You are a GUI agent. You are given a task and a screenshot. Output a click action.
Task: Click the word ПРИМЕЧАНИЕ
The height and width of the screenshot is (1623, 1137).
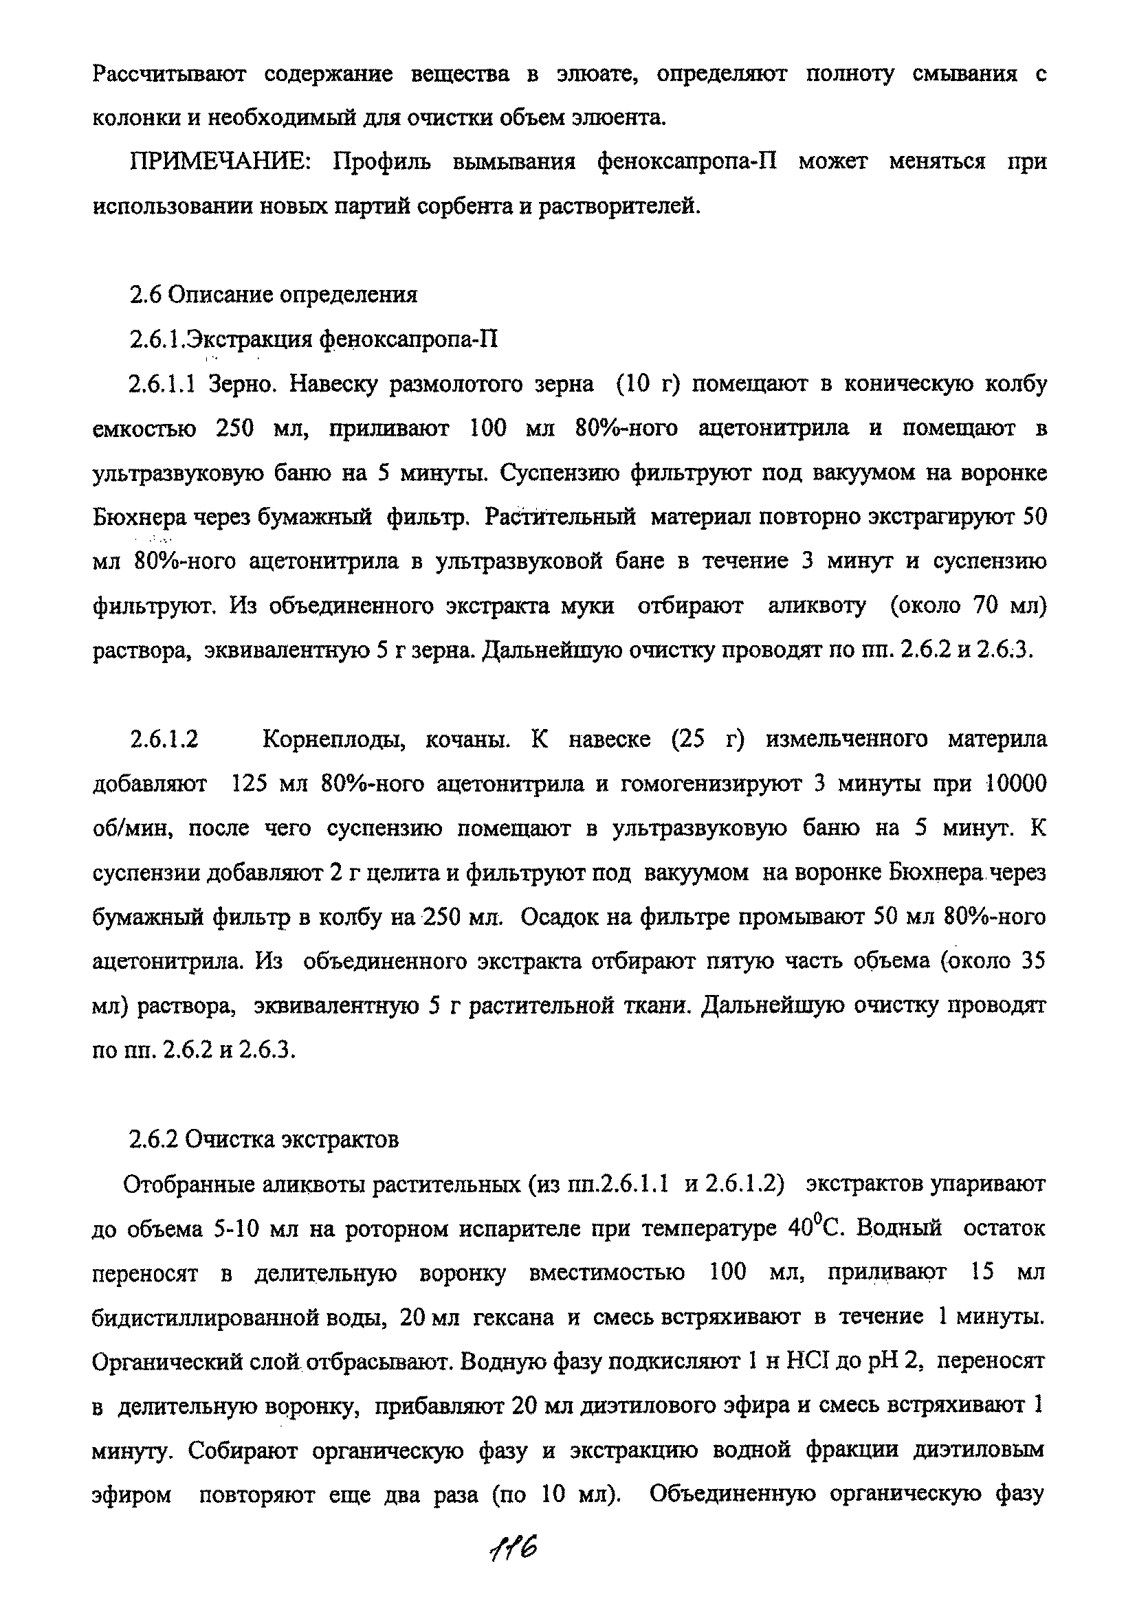tap(219, 163)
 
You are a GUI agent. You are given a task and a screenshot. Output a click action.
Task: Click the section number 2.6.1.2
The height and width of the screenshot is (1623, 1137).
tap(164, 740)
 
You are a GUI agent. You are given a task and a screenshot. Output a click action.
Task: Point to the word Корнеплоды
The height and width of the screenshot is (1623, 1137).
tap(332, 741)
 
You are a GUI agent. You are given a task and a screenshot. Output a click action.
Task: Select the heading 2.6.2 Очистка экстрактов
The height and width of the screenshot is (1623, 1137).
tap(264, 1140)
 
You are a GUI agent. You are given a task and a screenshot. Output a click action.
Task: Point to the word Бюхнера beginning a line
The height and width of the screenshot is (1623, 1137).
tap(138, 518)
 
